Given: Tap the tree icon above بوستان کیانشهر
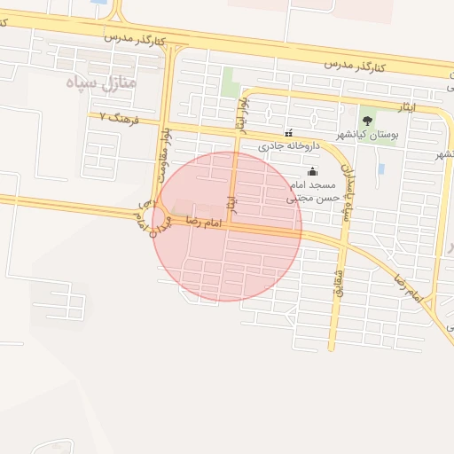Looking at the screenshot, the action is tap(368, 121).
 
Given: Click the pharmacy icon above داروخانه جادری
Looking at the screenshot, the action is tap(288, 132).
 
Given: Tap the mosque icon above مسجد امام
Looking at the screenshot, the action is tap(311, 172).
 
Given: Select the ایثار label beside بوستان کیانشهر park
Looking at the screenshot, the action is tap(405, 107).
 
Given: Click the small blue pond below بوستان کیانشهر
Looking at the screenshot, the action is tap(380, 168).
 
